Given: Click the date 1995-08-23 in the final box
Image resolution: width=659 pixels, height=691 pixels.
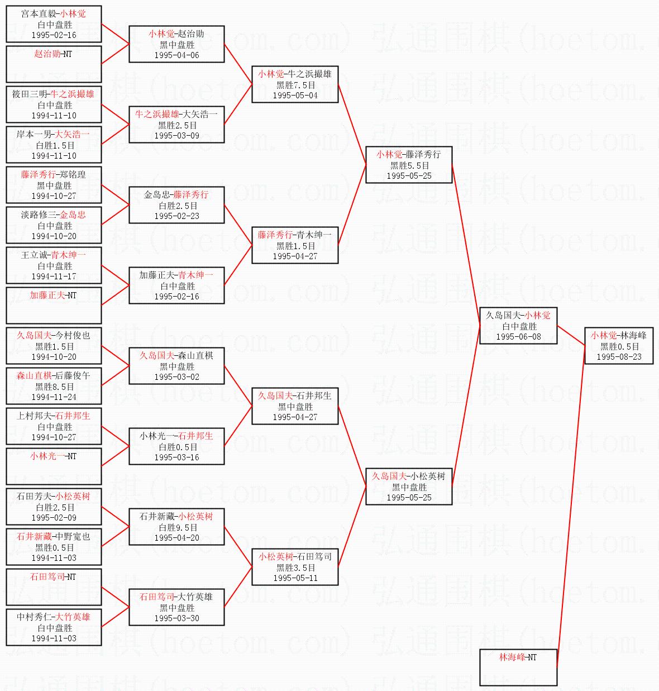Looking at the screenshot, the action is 619,357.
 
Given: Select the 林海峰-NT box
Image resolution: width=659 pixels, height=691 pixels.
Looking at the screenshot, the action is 518,668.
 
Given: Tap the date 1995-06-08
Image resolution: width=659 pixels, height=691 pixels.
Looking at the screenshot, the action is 518,337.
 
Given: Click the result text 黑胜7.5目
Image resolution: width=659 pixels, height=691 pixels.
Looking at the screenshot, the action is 295,85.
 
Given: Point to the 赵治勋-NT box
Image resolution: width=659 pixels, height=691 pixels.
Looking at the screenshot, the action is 54,64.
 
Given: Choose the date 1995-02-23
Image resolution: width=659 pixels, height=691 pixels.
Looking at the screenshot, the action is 177,216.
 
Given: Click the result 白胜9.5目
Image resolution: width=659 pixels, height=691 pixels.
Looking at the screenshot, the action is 178,527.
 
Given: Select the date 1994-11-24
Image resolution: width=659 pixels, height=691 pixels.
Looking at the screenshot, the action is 54,397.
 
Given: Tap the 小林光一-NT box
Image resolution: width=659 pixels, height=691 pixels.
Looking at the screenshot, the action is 54,466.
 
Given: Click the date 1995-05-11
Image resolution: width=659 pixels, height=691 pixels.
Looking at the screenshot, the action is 295,578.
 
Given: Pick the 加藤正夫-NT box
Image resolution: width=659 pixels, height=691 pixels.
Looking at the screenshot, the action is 54,306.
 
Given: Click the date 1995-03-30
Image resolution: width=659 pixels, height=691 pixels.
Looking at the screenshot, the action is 177,618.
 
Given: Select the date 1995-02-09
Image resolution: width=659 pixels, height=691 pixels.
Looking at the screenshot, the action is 54,517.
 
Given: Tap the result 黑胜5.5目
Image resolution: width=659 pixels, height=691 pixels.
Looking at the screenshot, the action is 409,165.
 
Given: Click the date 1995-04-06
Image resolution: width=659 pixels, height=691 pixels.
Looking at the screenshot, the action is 177,55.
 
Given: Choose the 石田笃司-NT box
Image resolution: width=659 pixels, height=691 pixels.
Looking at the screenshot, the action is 54,587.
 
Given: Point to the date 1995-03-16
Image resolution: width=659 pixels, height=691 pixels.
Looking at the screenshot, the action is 177,458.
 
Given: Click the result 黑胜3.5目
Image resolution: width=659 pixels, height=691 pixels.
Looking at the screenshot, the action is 295,568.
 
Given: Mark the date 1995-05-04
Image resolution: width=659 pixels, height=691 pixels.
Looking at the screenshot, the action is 295,96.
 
